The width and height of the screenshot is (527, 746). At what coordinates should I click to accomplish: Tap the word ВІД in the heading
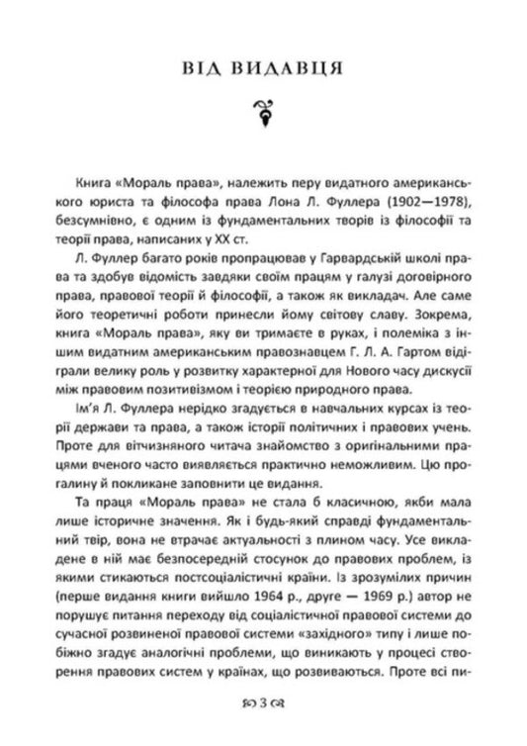[x=204, y=68]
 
